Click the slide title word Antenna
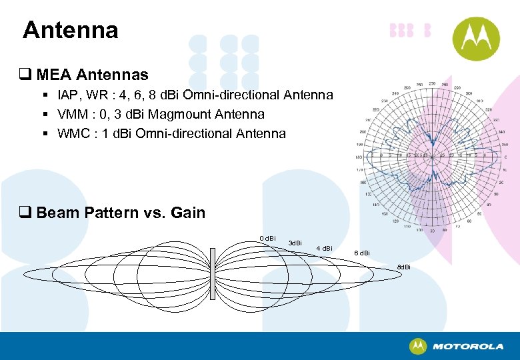(70, 30)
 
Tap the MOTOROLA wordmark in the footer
(468, 347)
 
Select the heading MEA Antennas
(93, 75)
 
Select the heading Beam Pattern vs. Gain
(121, 213)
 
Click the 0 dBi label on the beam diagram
(267, 239)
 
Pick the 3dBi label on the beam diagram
(294, 243)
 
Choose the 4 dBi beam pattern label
(324, 249)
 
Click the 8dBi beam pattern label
(404, 267)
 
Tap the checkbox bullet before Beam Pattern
(27, 213)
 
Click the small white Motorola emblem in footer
(418, 346)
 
